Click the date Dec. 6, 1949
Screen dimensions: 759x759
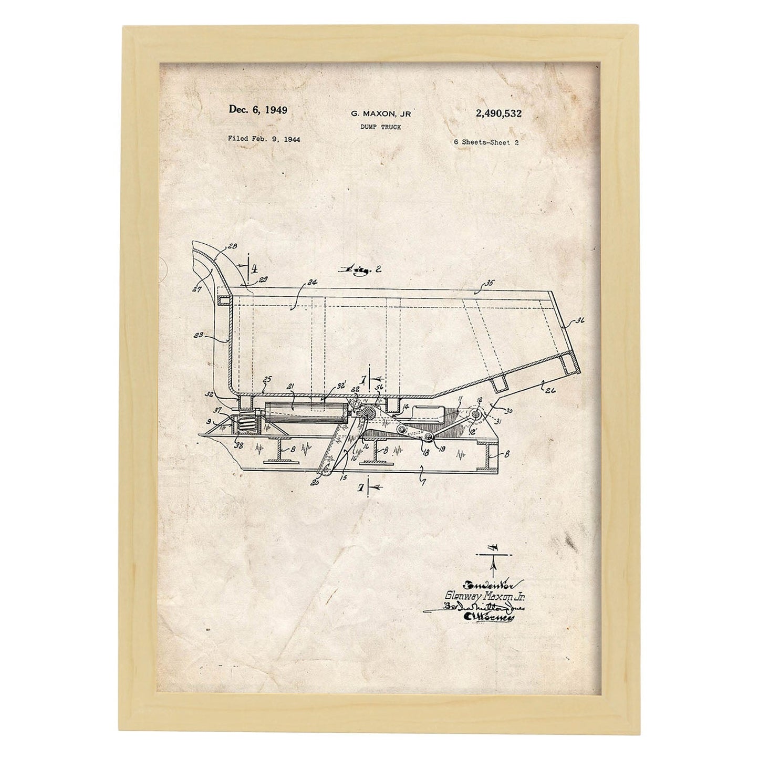click(x=257, y=110)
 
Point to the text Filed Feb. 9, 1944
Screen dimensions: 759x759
click(x=264, y=139)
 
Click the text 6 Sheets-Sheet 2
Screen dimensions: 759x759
click(x=486, y=142)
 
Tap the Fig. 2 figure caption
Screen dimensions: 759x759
click(x=362, y=270)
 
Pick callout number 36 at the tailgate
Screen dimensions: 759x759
click(x=579, y=320)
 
